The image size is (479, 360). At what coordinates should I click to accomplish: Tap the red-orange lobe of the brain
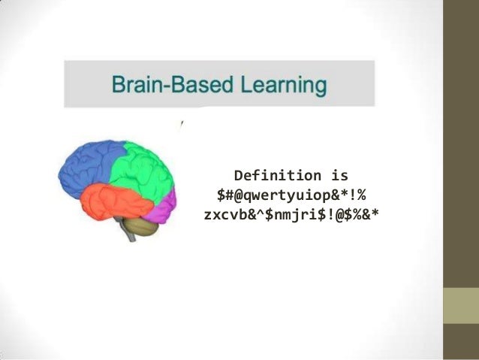coord(105,199)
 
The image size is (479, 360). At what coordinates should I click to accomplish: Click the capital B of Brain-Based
coord(118,83)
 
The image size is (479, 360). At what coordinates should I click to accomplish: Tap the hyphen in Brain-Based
coord(165,85)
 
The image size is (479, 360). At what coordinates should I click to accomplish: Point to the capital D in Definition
coord(238,176)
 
